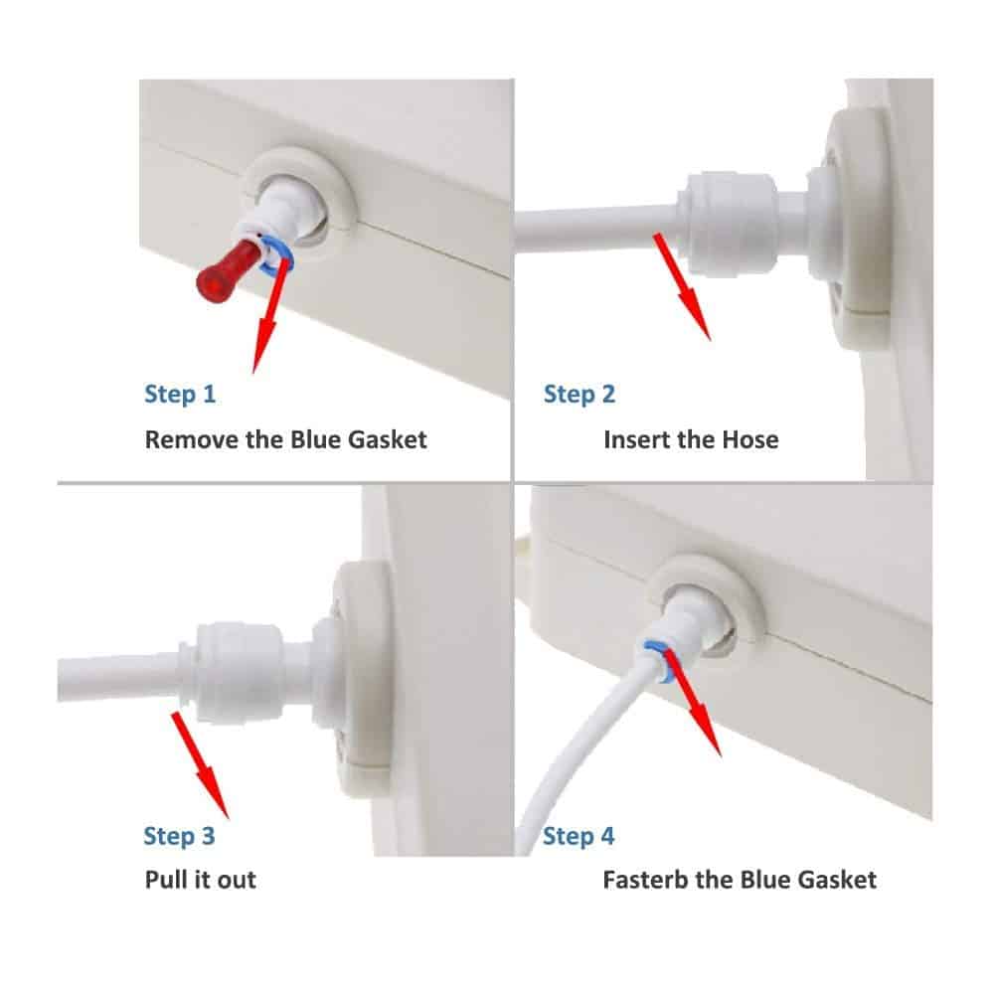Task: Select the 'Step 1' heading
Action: [180, 395]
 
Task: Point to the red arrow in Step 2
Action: [682, 286]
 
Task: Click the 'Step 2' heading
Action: [580, 395]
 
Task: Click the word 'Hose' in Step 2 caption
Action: [750, 439]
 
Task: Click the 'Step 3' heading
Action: [179, 836]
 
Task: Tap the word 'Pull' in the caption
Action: [164, 880]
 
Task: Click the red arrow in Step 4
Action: [692, 704]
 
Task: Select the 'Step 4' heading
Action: [579, 836]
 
